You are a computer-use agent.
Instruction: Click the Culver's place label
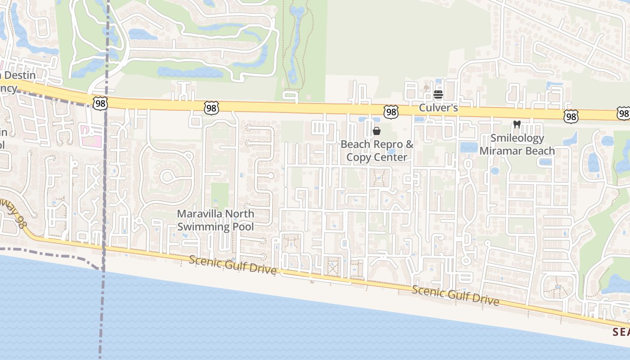pos(438,108)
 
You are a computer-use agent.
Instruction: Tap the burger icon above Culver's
pos(438,94)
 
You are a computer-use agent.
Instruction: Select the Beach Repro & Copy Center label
pos(377,151)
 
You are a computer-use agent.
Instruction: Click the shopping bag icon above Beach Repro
pos(377,131)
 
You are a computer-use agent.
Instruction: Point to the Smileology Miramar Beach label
pos(517,144)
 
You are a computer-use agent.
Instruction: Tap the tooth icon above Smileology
pos(517,124)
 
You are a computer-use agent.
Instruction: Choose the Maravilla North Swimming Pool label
pos(215,220)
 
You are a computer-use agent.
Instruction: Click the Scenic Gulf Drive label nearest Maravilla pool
pos(232,265)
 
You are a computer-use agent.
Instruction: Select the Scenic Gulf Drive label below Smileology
pos(455,295)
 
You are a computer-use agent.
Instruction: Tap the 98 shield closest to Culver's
pos(391,112)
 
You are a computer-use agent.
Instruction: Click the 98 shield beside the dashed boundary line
pos(100,103)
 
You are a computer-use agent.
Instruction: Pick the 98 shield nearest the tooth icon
pos(570,117)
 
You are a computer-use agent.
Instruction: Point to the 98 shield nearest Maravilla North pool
pos(211,108)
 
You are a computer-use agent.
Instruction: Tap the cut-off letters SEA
pos(621,332)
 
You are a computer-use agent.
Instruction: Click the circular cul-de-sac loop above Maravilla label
pos(169,175)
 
